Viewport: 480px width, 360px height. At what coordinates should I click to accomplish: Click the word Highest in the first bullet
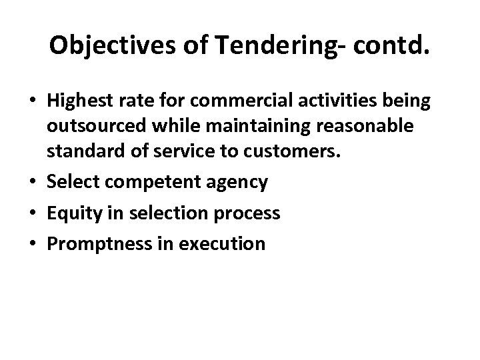click(77, 103)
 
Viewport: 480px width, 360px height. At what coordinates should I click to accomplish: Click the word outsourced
click(89, 126)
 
